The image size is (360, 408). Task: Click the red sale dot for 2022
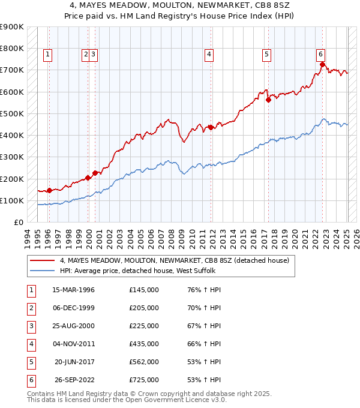pos(322,64)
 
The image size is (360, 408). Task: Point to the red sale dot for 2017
pos(268,100)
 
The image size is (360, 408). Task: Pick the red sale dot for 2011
pos(211,127)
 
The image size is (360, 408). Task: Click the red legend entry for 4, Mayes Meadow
pos(174,260)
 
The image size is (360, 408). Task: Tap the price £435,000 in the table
pos(144,344)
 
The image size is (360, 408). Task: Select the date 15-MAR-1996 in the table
pos(74,290)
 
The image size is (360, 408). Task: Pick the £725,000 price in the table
pos(144,380)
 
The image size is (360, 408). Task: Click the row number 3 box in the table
pos(30,326)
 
